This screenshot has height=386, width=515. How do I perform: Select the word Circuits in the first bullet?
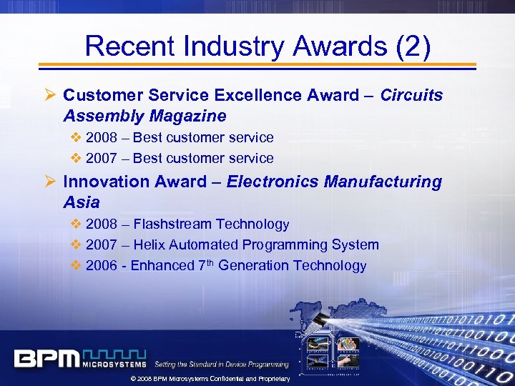click(411, 95)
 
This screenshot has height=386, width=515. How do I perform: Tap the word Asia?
click(82, 202)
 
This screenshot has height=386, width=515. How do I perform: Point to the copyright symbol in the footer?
click(132, 378)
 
